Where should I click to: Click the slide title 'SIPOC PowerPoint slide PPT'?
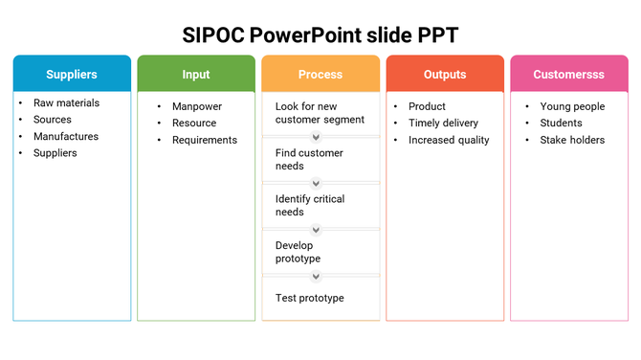tap(320, 35)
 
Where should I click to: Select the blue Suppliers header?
tap(72, 74)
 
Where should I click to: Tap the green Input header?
tap(196, 74)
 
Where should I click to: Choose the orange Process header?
tap(320, 74)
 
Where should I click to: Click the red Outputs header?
tap(445, 74)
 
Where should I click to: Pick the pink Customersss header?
tap(569, 74)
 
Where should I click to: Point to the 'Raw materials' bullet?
tap(66, 103)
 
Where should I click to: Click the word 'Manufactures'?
tap(66, 136)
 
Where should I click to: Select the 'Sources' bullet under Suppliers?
tap(53, 120)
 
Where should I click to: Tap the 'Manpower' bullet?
tap(197, 106)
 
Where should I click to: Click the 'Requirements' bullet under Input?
tap(205, 140)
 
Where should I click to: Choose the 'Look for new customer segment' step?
tap(320, 113)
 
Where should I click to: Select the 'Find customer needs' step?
tap(309, 159)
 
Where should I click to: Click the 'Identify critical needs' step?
tap(310, 205)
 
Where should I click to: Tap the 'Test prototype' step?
tap(309, 298)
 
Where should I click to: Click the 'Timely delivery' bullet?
tap(443, 123)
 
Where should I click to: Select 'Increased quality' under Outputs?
tap(449, 140)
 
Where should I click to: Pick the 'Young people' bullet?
tap(572, 106)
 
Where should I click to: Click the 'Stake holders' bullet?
tap(572, 140)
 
